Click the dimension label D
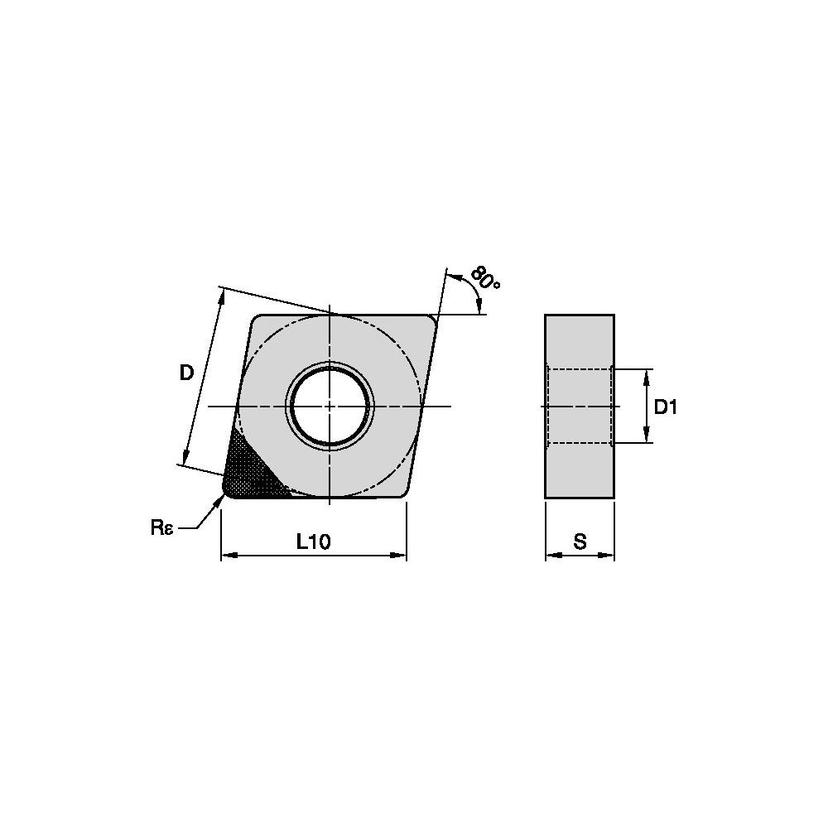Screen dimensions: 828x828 point(186,373)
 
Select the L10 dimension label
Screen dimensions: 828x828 point(313,542)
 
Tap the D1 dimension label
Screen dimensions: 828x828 point(666,407)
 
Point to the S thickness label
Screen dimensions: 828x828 point(580,542)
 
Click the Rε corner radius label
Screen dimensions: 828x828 point(161,527)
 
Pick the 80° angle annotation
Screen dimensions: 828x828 point(485,277)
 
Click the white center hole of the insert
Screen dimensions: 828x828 point(330,406)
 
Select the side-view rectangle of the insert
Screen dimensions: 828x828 point(580,406)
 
